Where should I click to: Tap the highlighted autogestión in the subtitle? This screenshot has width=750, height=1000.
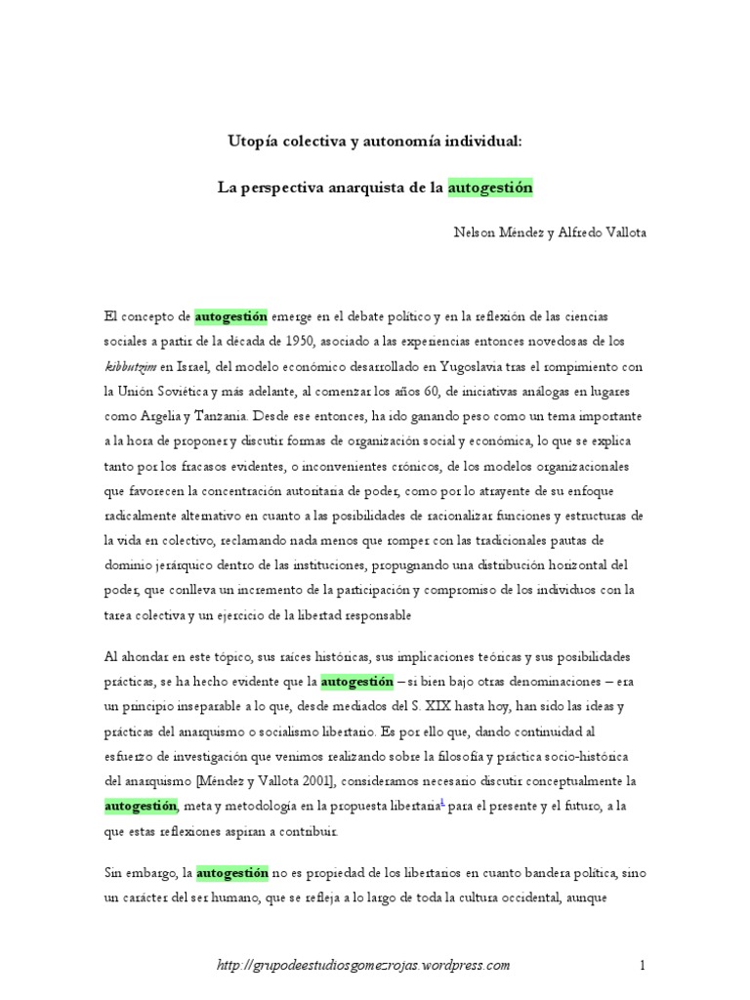point(490,187)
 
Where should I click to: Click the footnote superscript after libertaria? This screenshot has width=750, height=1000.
point(443,801)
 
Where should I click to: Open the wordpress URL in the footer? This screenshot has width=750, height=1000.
point(362,966)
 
